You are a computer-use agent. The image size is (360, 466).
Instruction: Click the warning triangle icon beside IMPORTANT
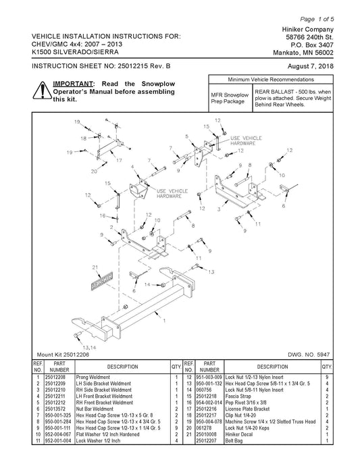[x=43, y=90]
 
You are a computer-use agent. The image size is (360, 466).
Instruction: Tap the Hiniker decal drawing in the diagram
[x=102, y=280]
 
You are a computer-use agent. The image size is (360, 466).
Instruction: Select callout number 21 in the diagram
[x=95, y=267]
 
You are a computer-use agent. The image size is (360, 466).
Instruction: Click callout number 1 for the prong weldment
[x=164, y=321]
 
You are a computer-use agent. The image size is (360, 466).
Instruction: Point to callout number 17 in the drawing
[x=119, y=160]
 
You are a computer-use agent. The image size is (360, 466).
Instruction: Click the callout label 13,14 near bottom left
[x=89, y=347]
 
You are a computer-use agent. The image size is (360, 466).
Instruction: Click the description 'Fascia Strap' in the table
[x=238, y=396]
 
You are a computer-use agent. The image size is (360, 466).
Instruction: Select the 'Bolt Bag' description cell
[x=234, y=441]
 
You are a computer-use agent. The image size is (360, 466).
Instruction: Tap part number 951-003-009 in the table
[x=209, y=377]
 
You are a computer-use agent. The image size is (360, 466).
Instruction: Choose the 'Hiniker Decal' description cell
[x=238, y=434]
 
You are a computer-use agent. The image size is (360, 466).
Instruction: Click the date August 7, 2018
[x=310, y=66]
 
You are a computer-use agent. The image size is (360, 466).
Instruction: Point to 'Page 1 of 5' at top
[x=317, y=20]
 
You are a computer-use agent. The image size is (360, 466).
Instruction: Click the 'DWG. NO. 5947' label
[x=309, y=355]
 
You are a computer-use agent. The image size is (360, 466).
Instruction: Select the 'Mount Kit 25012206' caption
[x=63, y=355]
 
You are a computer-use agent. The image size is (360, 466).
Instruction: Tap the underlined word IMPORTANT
[x=73, y=84]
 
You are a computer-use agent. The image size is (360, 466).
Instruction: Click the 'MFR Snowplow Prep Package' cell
[x=230, y=98]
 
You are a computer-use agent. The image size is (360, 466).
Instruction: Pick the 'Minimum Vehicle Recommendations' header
[x=271, y=80]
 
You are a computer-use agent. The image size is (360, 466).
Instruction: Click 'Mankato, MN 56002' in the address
[x=303, y=53]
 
